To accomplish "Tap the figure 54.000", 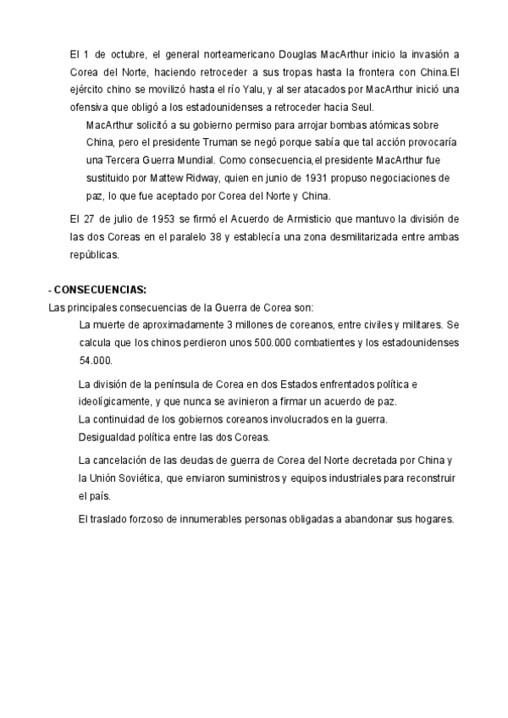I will click(95, 360).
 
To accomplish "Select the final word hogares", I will click(434, 520).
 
